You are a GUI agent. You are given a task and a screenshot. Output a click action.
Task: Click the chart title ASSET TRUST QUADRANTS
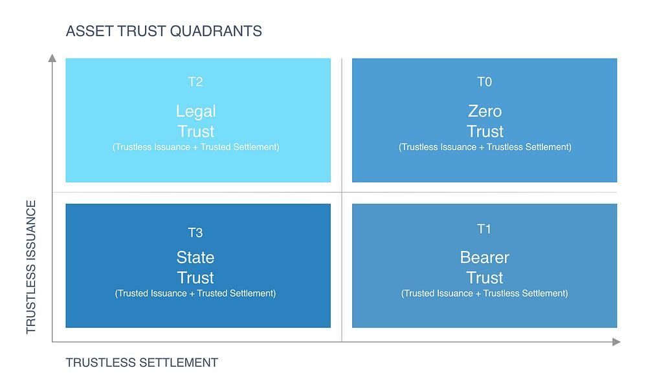164,31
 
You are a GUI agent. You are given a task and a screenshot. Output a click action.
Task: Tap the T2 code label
195,81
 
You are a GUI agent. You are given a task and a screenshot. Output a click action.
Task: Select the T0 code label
484,81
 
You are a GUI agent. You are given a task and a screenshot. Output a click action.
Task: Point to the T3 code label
195,233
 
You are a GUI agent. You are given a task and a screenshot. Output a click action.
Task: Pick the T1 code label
484,229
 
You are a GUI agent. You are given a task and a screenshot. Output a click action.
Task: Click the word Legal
196,111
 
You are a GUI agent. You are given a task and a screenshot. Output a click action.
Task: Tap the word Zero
485,111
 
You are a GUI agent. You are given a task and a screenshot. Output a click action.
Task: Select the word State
195,257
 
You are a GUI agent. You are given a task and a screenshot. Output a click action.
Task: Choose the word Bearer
484,257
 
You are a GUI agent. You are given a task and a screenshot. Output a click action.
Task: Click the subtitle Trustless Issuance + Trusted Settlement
196,147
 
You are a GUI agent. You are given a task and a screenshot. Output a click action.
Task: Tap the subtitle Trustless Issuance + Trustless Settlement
485,147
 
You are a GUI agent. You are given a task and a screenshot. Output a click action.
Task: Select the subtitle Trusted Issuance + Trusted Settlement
195,293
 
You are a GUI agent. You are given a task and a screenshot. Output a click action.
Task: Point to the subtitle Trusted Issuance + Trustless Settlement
484,293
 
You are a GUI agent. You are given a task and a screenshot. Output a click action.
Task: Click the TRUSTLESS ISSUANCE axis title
31,266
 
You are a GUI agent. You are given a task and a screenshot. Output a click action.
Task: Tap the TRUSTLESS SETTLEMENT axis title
142,363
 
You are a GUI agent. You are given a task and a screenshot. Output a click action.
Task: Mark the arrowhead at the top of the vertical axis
52,58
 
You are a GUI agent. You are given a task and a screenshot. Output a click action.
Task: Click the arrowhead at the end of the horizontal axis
616,341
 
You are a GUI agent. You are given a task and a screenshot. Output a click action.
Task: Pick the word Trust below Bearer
485,278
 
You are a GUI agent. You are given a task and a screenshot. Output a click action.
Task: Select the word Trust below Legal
196,131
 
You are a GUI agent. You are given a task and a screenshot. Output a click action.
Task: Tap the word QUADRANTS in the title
216,31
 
